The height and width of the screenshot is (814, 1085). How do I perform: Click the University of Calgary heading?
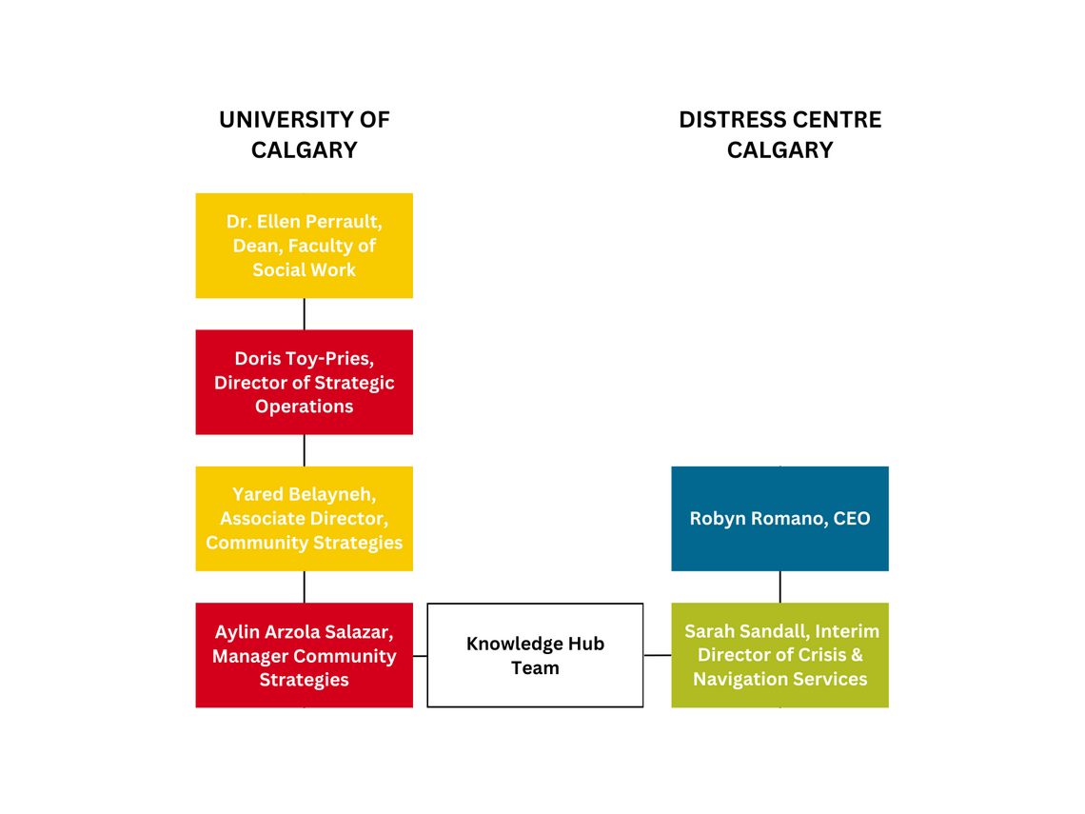(x=305, y=135)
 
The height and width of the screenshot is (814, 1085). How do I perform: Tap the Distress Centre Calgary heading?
(x=779, y=135)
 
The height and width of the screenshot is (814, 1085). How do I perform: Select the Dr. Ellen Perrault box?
(x=305, y=246)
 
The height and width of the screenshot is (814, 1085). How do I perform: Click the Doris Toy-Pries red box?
(x=305, y=382)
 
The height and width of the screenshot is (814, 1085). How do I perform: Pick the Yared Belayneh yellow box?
(x=305, y=519)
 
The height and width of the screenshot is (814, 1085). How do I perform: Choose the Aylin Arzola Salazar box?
(x=305, y=655)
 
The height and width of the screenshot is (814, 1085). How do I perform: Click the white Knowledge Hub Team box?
(x=535, y=655)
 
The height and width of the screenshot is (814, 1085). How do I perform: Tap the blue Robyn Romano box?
(x=779, y=519)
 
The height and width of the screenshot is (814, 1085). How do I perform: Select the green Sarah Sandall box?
(x=779, y=655)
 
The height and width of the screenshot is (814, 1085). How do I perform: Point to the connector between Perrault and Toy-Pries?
(x=305, y=314)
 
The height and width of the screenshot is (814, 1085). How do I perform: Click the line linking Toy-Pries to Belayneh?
(x=305, y=450)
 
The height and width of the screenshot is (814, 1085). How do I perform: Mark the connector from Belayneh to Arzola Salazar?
(x=305, y=587)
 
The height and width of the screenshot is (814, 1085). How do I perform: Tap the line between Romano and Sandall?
(x=779, y=587)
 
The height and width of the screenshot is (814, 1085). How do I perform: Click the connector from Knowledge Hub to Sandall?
(x=658, y=655)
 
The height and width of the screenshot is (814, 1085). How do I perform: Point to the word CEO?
(x=852, y=519)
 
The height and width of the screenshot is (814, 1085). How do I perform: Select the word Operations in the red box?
(x=305, y=407)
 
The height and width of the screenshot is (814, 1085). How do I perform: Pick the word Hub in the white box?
(x=586, y=644)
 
